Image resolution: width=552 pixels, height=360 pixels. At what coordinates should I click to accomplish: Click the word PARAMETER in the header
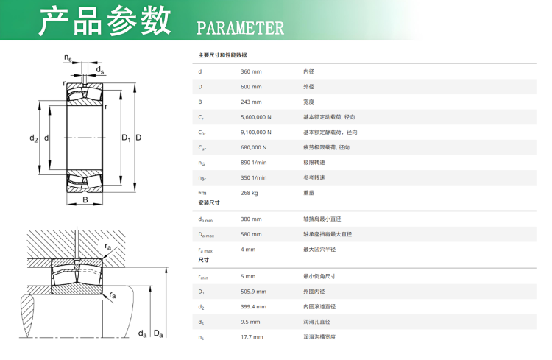point(240,28)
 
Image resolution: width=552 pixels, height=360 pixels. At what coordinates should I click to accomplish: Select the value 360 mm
point(251,71)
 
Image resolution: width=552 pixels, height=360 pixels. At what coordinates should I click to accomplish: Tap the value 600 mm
point(251,87)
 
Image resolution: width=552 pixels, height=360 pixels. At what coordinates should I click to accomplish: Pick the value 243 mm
point(251,102)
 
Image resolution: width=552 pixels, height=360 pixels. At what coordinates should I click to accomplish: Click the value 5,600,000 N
point(256,117)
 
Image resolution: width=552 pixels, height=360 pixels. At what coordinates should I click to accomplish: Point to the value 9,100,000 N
point(256,132)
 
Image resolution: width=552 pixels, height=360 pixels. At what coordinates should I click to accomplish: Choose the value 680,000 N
point(253,147)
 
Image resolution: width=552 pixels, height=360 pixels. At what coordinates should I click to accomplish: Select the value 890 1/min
point(253,163)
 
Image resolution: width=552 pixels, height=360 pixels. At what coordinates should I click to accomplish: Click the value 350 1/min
point(253,177)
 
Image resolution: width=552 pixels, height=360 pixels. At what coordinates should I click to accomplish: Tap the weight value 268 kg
point(250,193)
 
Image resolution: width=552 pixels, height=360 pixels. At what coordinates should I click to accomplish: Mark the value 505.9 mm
point(253,292)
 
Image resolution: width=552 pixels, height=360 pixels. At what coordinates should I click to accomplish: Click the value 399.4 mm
point(253,306)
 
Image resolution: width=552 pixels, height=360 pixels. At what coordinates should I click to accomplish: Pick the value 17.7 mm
point(252,336)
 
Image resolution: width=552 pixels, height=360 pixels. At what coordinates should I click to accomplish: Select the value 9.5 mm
point(250,322)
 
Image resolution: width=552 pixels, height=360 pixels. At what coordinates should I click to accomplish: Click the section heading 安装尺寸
point(209,202)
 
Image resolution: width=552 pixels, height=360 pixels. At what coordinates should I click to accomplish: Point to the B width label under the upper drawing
point(85,200)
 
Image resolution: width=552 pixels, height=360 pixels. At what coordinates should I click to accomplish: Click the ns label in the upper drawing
point(68,57)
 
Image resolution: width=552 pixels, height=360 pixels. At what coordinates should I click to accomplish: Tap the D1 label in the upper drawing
point(126,138)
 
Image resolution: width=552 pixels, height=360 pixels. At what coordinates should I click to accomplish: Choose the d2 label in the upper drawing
point(33,138)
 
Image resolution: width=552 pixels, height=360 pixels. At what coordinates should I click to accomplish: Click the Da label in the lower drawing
point(158,333)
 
